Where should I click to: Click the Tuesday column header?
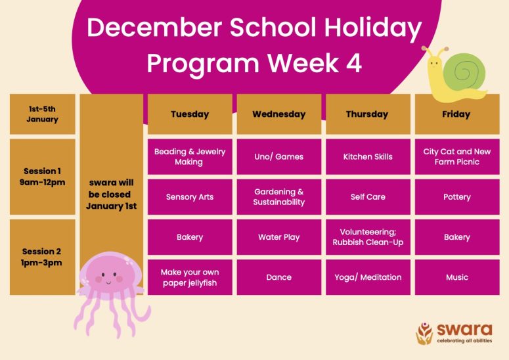tap(190, 114)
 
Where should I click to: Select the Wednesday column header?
tap(279, 114)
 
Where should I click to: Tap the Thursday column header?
tap(368, 114)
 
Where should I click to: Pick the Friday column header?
tap(457, 114)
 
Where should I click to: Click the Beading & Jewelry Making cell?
tap(190, 157)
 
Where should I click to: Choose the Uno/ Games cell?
tap(279, 157)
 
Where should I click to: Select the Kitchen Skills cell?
tap(368, 157)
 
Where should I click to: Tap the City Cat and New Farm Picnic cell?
tap(457, 157)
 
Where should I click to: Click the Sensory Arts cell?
tap(190, 197)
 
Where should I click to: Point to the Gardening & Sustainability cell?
tap(279, 197)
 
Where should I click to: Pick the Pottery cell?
tap(457, 197)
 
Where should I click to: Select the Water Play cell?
tap(279, 237)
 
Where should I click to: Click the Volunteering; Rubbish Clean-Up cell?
tap(368, 237)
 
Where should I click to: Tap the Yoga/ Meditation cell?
tap(368, 277)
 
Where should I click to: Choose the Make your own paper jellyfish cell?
tap(190, 277)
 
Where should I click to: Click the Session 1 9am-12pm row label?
tap(43, 177)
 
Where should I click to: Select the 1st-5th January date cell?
tap(43, 114)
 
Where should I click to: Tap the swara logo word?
tap(464, 330)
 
